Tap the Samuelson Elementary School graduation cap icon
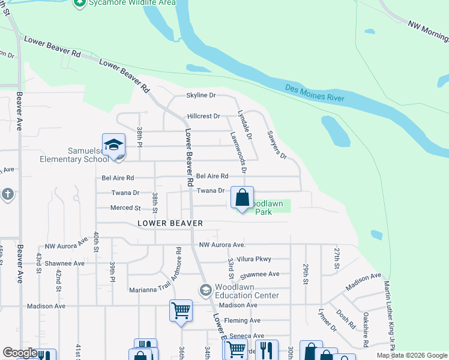coord(113,145)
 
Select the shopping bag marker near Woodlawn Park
coord(242,198)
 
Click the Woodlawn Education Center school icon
coord(206,290)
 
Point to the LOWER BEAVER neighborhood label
coord(170,223)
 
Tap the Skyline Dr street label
coord(201,95)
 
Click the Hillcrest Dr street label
coord(204,116)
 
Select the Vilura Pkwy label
coord(254,259)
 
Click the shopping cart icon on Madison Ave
coord(181,311)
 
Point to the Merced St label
coord(125,208)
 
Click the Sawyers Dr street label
coord(277,145)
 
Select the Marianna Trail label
coord(149,290)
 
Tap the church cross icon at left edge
coord(7,194)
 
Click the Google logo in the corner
coord(20,353)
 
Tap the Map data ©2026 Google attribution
coord(411,355)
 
